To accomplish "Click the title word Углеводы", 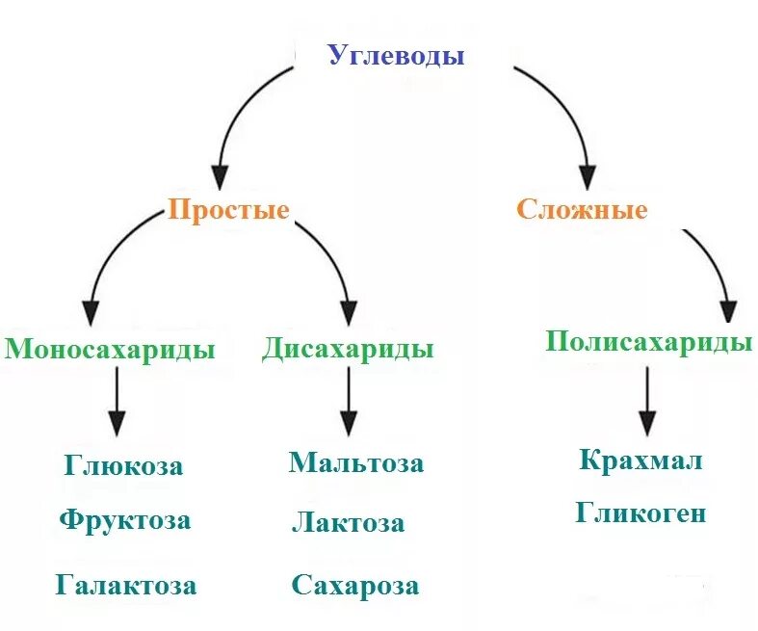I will click(396, 56).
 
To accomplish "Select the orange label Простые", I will click(228, 210).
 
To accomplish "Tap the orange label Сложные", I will click(582, 210).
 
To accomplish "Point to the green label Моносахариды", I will click(109, 349).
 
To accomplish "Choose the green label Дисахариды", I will click(347, 349).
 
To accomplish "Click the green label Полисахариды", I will click(648, 342).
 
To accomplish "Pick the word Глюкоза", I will click(124, 466).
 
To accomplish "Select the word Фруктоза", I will click(124, 521).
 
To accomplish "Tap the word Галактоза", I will click(126, 585).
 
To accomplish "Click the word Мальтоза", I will click(355, 462).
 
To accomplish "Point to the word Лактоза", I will click(348, 524).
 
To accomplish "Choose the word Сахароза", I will click(355, 586).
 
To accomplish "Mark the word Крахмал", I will click(640, 460).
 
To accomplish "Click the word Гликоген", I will click(640, 513).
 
